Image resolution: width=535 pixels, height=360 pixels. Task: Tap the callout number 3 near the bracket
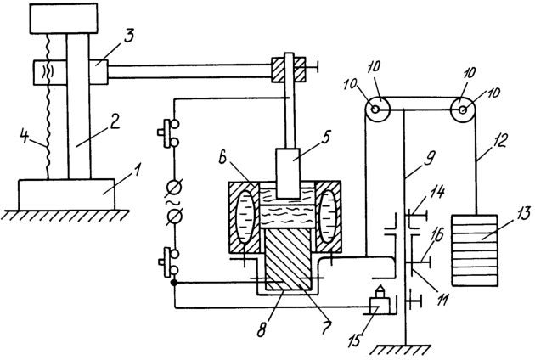(128, 37)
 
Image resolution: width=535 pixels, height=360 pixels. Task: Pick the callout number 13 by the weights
(521, 214)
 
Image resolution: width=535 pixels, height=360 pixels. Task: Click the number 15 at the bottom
(356, 340)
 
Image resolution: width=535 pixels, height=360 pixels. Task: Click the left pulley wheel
(375, 110)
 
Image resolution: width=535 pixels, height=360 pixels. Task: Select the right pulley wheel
(463, 110)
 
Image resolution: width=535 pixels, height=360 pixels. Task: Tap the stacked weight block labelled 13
(474, 250)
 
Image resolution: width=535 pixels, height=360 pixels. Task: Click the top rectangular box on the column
(64, 19)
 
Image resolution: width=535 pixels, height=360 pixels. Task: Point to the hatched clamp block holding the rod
(289, 70)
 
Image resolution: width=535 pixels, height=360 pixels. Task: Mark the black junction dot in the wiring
(175, 283)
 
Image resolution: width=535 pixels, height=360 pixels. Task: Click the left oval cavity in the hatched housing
(245, 217)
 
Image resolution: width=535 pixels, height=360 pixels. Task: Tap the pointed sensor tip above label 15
(380, 291)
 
